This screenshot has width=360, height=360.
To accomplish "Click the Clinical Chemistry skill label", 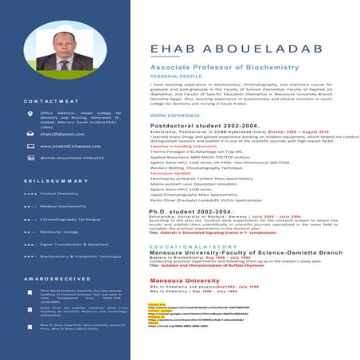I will [x=60, y=193].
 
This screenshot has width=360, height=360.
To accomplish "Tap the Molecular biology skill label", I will [x=60, y=231].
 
